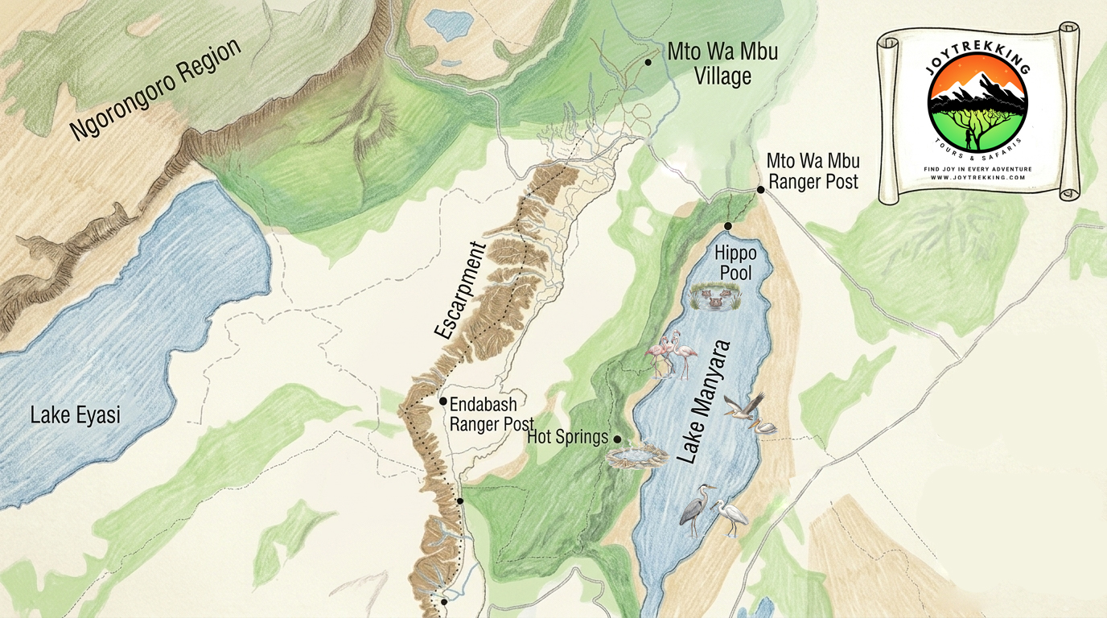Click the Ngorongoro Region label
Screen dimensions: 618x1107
click(x=155, y=89)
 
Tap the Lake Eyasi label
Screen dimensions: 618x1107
click(x=75, y=416)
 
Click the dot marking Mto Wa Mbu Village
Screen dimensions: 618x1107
click(x=648, y=61)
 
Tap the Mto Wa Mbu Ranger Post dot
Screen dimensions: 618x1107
click(x=760, y=190)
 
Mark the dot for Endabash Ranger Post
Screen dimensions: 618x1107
click(x=442, y=401)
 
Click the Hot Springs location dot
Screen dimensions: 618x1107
click(x=617, y=439)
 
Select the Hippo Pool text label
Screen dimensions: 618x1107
click(x=735, y=263)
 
